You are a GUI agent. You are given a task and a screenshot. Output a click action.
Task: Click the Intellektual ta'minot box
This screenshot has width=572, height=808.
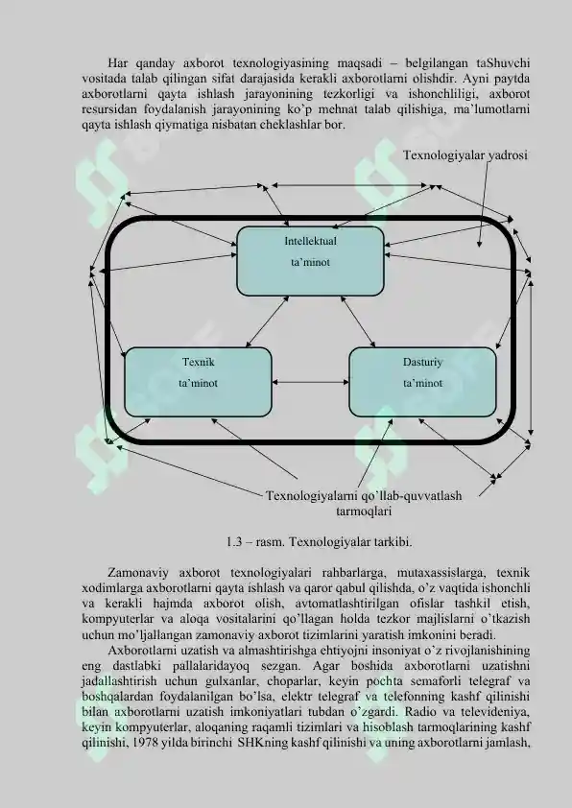point(310,261)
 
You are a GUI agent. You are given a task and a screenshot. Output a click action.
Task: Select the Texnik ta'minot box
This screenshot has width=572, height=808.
point(198,382)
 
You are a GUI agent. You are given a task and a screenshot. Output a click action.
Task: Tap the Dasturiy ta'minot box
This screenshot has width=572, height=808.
point(422,382)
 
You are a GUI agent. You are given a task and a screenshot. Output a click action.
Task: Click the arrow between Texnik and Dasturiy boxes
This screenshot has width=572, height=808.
point(310,382)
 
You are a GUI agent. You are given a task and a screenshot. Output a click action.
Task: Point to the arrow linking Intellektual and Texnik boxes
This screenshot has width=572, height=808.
point(267,321)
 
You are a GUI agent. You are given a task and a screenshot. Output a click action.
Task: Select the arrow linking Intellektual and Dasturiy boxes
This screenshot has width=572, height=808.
point(358,321)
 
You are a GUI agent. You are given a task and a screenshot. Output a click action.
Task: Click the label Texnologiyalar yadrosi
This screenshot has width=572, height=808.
point(465,155)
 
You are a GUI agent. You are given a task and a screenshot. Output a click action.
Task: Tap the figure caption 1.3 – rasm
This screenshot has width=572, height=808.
point(255,542)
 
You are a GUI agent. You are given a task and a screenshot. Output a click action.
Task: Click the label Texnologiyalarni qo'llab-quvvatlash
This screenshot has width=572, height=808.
point(364,496)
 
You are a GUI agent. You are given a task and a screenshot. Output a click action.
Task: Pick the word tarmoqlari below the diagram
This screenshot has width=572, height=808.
point(364,511)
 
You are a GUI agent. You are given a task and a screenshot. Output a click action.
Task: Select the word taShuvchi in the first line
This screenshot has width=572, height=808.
point(503,63)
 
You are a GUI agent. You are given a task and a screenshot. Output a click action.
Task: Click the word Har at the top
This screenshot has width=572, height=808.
point(117,63)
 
